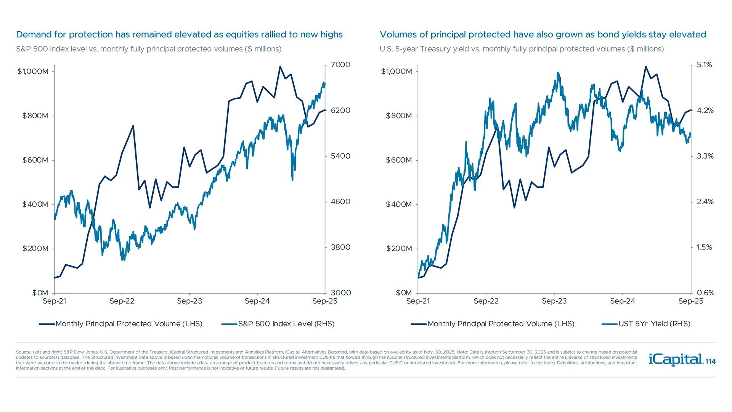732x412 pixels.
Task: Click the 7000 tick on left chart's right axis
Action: [340, 65]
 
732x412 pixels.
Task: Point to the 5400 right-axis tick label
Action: [340, 156]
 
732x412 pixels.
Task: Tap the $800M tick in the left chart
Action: [35, 116]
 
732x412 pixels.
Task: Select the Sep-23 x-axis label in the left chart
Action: [189, 301]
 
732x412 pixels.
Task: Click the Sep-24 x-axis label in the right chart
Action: [623, 301]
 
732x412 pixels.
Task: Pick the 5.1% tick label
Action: [704, 65]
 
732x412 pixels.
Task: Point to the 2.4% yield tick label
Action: [705, 202]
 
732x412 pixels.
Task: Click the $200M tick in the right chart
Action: [399, 249]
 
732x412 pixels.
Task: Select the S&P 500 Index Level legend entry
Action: [286, 324]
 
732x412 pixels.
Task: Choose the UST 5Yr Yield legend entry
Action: [654, 324]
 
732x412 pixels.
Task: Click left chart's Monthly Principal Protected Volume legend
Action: [128, 324]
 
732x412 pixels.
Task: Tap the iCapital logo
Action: [675, 359]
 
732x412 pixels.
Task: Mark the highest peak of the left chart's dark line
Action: [280, 67]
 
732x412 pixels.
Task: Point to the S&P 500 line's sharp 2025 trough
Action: [292, 180]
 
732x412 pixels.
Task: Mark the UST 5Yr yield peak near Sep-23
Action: [558, 72]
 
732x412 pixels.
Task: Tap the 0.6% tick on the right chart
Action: [705, 293]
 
